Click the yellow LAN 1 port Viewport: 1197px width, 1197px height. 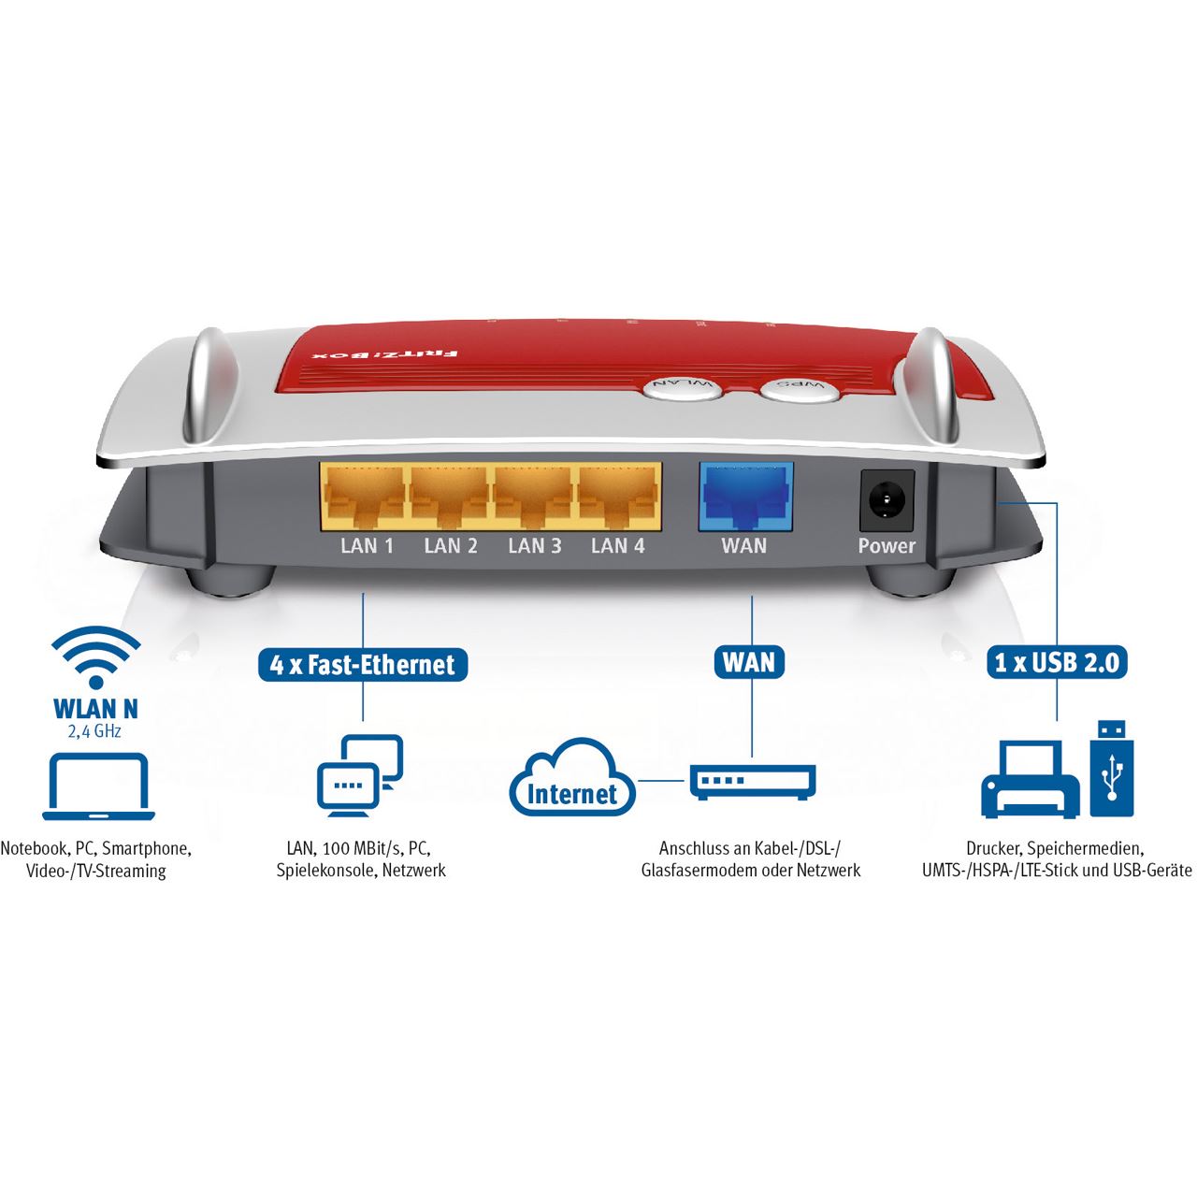coord(366,496)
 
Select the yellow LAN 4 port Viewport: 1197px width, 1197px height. coord(619,496)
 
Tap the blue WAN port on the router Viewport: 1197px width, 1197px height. coord(745,497)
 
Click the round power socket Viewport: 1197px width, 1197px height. coord(887,500)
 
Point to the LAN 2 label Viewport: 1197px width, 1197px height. coord(451,546)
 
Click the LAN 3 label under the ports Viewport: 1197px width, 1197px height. coord(534,546)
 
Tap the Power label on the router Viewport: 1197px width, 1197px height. coord(887,546)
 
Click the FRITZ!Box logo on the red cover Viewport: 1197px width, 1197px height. coord(385,354)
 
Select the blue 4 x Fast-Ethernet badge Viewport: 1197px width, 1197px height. coord(363,665)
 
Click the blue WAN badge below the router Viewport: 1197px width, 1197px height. coord(749,661)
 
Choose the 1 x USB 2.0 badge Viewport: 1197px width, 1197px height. coord(1057,662)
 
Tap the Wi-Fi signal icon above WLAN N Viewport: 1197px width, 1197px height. coord(95,658)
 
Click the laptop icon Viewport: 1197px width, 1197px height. coord(98,786)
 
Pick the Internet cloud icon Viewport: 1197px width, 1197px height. coord(572,778)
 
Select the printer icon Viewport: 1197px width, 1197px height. coord(1031,780)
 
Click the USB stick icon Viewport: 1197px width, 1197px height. coord(1111,769)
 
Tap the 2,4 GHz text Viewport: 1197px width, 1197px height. coord(94,731)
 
